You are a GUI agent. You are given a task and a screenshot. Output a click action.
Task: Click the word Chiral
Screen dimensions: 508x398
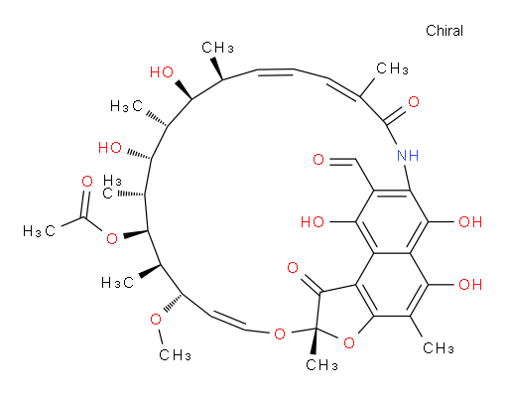(444, 31)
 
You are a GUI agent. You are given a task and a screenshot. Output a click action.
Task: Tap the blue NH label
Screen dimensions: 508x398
(408, 155)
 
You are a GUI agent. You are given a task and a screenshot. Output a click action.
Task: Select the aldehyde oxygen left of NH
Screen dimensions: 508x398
(318, 160)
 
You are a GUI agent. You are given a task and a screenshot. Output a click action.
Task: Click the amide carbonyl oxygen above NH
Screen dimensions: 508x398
(414, 101)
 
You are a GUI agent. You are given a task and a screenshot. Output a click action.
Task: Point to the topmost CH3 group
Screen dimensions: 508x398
(217, 48)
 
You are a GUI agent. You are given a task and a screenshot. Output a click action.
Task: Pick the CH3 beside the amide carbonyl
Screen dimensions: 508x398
(392, 68)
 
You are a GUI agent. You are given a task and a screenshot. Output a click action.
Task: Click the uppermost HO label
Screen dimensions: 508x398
(162, 72)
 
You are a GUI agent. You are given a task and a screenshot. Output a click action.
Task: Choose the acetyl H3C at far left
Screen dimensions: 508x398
(39, 231)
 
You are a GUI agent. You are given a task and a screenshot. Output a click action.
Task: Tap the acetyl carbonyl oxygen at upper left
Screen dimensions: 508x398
(87, 182)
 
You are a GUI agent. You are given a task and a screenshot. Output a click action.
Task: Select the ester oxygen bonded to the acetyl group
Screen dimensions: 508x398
(112, 238)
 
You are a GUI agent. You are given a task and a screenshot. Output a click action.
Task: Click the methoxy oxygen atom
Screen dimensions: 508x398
(156, 320)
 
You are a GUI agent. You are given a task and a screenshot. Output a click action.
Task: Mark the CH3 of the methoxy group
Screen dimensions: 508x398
(175, 355)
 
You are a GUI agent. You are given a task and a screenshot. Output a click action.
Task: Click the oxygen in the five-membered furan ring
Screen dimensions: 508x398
(349, 343)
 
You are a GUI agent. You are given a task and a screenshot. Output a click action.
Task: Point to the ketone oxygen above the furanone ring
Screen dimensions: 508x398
(293, 268)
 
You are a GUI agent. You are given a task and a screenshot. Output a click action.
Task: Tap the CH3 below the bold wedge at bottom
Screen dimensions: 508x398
(321, 365)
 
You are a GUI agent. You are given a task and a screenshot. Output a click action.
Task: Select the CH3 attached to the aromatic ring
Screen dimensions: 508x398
(439, 348)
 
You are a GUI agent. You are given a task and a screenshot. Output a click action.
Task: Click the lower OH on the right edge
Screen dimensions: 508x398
(470, 284)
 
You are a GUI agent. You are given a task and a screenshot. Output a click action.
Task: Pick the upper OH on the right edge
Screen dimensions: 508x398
(470, 221)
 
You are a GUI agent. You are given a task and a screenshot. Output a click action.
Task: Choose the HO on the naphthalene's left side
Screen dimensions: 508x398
(313, 221)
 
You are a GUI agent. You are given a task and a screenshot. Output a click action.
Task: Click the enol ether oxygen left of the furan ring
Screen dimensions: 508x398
(280, 333)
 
